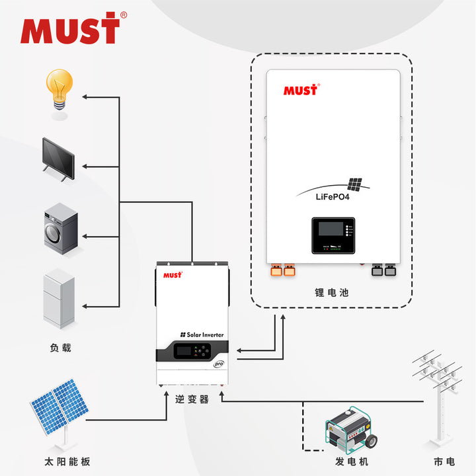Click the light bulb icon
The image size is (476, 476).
(59, 93)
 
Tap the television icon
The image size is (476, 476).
(58, 158)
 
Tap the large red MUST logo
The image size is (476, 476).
(70, 30)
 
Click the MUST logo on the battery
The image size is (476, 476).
(301, 90)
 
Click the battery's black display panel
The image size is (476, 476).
(333, 236)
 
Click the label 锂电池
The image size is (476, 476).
(332, 292)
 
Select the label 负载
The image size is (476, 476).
(60, 348)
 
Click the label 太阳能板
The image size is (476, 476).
(59, 461)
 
